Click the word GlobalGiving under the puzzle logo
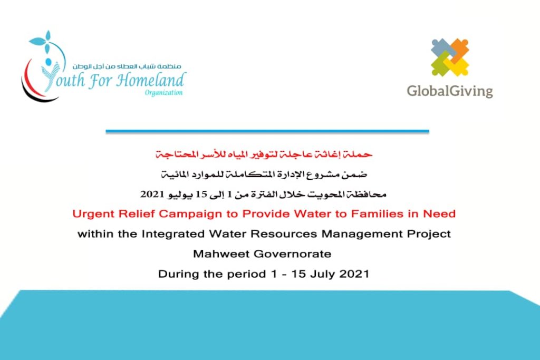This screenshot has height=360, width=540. (450, 91)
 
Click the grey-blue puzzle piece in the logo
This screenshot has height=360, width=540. (441, 48)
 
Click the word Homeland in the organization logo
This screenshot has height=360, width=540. (151, 80)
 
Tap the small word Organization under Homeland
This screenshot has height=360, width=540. (163, 93)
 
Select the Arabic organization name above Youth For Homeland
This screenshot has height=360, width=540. (127, 66)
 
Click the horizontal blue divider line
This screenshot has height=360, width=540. (267, 131)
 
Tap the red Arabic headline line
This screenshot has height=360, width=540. (264, 154)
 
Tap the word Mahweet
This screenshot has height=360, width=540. (221, 254)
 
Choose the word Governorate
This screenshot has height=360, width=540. (292, 254)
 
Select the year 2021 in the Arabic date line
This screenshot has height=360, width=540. (152, 194)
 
